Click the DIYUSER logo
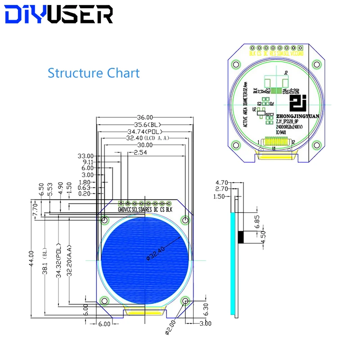tap(59, 15)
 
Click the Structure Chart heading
tap(94, 73)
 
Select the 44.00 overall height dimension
tap(31, 258)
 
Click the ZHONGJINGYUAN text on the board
tap(298, 115)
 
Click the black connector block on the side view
tap(242, 237)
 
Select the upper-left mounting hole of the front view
tap(105, 220)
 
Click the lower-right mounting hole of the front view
tap(185, 301)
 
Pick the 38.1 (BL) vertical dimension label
tap(45, 263)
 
